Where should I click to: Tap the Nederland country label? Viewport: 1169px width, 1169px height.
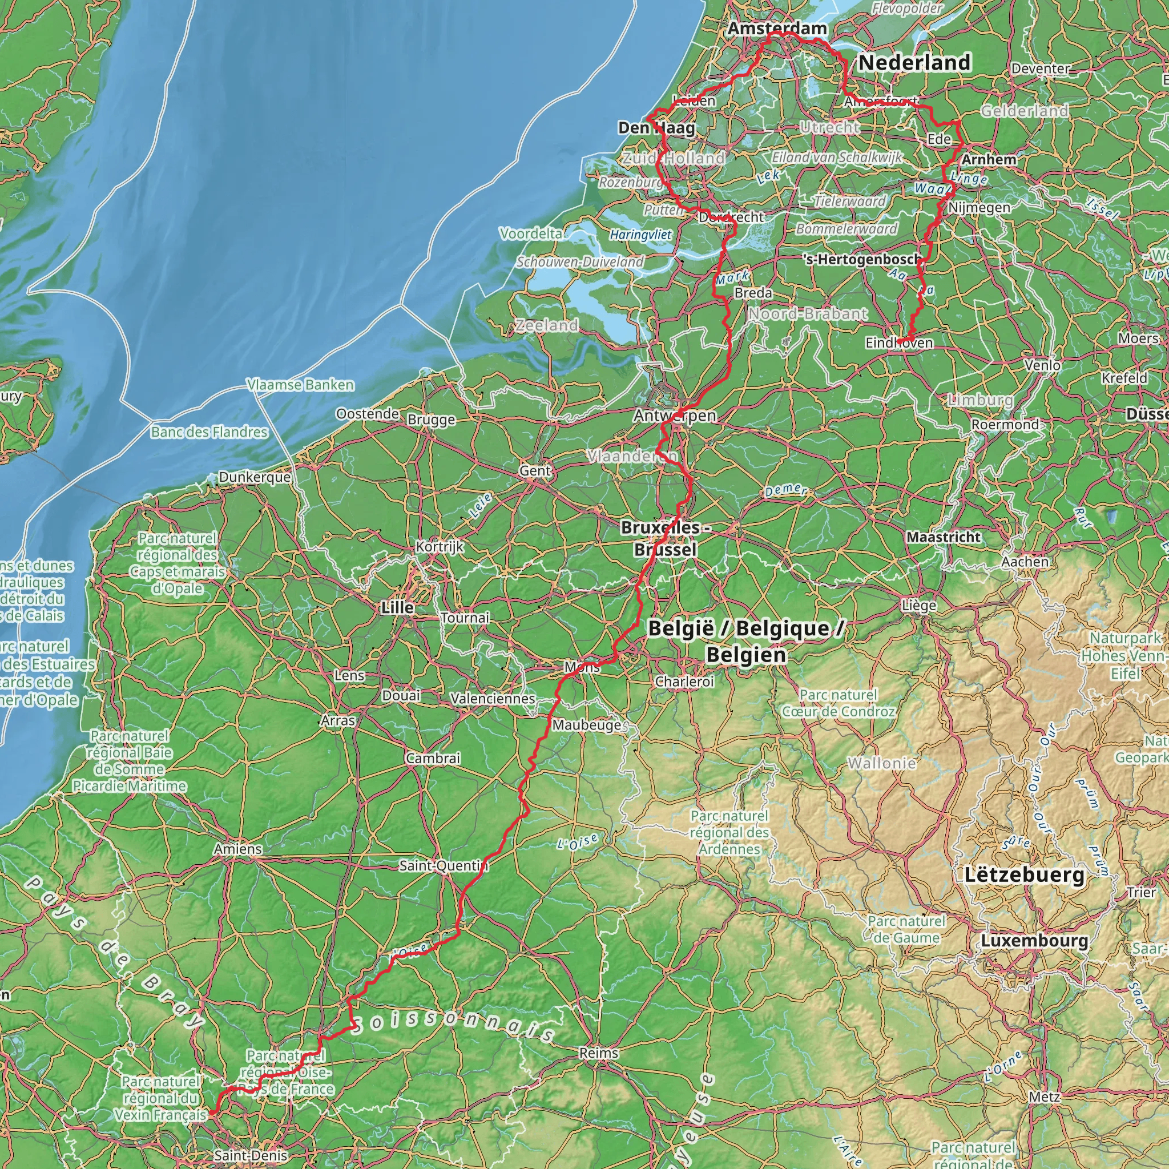914,62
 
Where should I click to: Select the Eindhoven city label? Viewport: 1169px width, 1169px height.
899,342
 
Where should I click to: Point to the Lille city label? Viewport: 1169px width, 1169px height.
397,607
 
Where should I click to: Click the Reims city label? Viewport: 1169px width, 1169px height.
598,1052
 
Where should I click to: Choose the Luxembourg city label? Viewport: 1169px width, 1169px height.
1034,940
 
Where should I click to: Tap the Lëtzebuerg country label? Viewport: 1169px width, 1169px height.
1025,874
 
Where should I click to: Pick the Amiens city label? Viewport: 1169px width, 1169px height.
238,848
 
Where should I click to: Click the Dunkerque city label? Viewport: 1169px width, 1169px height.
255,477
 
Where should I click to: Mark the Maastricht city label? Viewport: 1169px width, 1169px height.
944,537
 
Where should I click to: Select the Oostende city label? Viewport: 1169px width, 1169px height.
367,414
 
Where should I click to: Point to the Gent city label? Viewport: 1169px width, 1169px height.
535,470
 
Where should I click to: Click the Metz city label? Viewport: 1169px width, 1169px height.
1045,1097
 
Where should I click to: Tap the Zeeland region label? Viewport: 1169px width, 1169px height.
546,325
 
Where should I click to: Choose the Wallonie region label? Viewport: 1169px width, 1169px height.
881,763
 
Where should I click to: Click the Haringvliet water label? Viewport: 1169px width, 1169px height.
640,235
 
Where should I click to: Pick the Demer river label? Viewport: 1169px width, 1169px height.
785,490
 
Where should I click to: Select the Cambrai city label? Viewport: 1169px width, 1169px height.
433,757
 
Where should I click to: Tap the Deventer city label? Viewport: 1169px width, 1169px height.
1040,68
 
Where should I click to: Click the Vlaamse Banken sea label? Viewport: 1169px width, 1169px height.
300,385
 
